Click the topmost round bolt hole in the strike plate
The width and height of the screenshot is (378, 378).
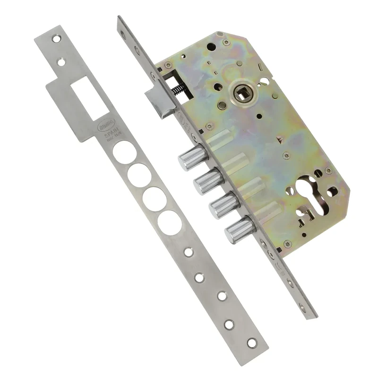pos(124,152)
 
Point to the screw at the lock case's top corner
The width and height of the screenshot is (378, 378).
pos(227,43)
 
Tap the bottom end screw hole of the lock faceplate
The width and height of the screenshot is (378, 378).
pos(310,309)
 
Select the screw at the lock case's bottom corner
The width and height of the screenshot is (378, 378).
pos(286,244)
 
